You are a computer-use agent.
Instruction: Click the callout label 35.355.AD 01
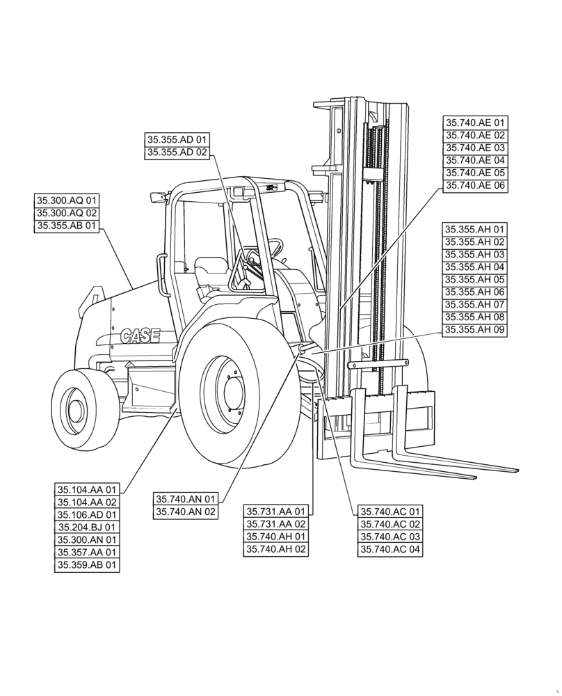click(x=177, y=140)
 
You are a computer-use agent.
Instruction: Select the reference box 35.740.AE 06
click(x=476, y=186)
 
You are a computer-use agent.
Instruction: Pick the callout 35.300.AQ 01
click(x=67, y=200)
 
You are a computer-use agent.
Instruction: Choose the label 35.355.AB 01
click(x=67, y=226)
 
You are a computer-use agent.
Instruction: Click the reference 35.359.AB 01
click(x=87, y=565)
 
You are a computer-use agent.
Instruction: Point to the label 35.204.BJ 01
click(x=87, y=528)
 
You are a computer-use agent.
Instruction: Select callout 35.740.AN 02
click(x=186, y=512)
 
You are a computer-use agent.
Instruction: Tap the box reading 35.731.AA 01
click(x=275, y=512)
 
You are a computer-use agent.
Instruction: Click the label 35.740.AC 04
click(x=390, y=549)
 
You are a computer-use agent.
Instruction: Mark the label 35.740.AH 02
click(x=275, y=549)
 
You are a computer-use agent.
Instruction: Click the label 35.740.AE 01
click(x=476, y=123)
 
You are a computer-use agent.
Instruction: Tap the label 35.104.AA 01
click(x=87, y=490)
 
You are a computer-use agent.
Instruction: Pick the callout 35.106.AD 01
click(x=87, y=515)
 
